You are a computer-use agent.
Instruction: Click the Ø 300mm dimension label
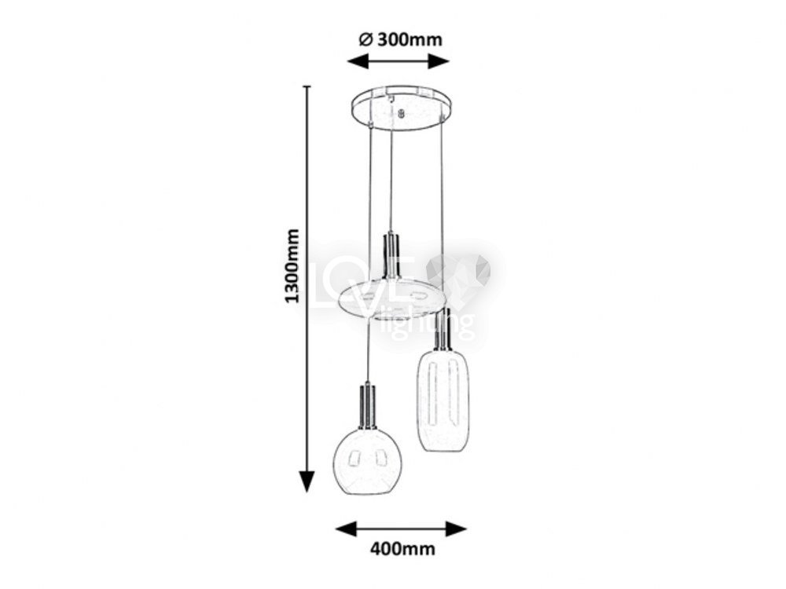tap(401, 39)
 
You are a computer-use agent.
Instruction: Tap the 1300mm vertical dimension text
tap(292, 266)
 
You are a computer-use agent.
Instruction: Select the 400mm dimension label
tap(402, 549)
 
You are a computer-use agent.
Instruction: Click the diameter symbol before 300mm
tap(366, 39)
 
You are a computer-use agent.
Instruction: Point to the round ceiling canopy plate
tap(402, 108)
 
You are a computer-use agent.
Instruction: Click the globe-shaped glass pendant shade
tap(367, 461)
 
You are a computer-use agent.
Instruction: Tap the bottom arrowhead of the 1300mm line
tap(307, 482)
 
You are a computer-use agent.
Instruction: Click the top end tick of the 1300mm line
tap(307, 86)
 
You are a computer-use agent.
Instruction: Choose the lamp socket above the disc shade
tap(391, 255)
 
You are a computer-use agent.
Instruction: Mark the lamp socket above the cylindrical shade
tap(442, 329)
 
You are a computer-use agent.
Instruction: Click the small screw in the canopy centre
tap(400, 114)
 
